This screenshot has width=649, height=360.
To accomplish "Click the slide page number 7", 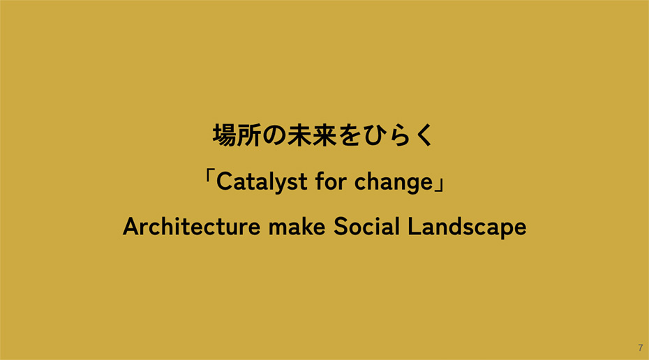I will [640, 347].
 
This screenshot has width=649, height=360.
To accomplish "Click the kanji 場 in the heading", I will [225, 135].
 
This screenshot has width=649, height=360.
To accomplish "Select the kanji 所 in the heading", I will [250, 135].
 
